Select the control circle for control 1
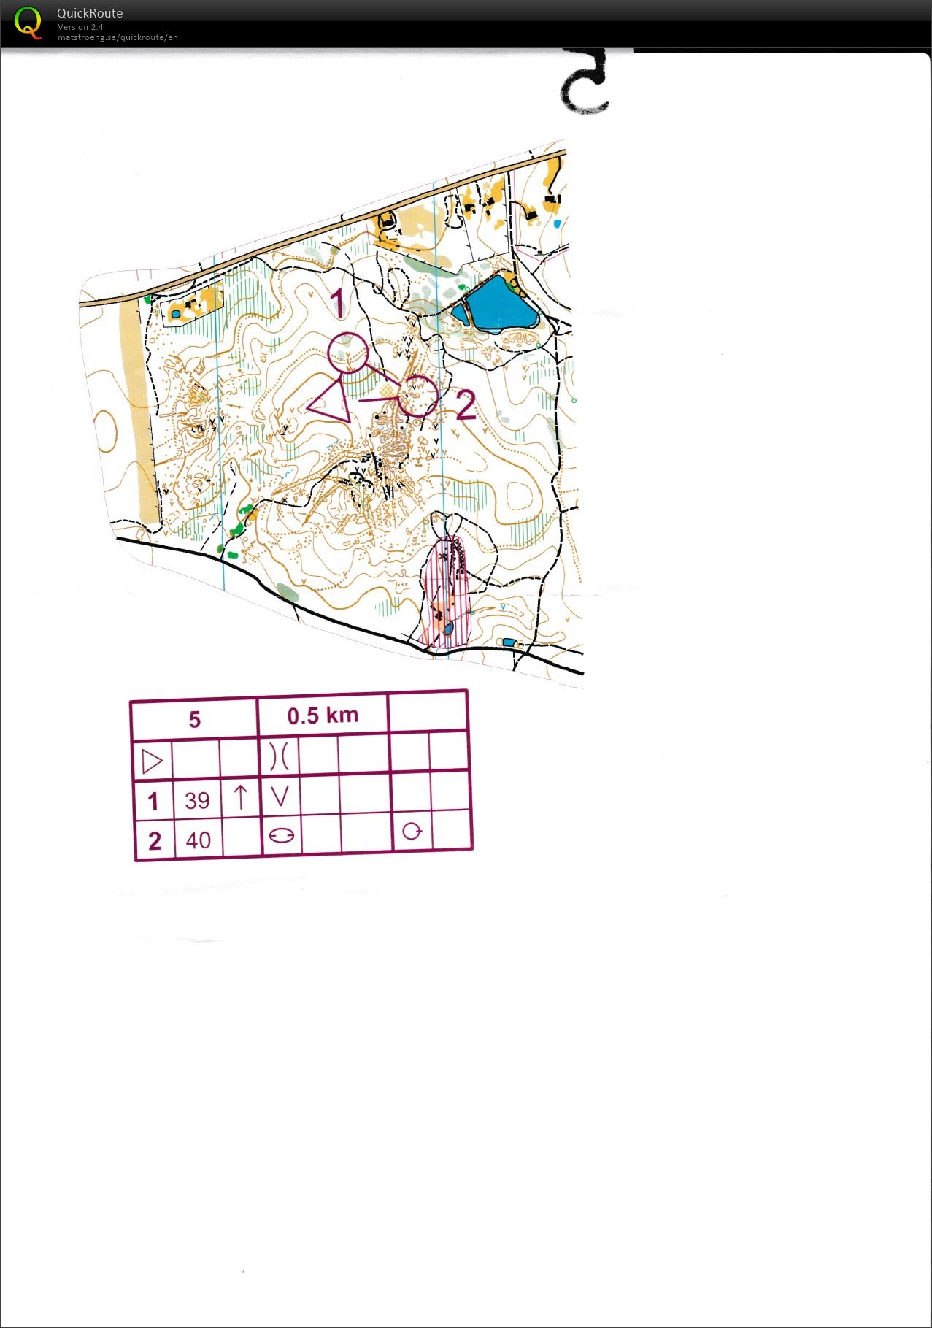pyautogui.click(x=347, y=353)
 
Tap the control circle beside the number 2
pyautogui.click(x=418, y=396)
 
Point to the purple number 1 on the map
pyautogui.click(x=336, y=302)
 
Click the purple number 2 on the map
pyautogui.click(x=466, y=405)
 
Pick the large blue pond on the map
pyautogui.click(x=496, y=304)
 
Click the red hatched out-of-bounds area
pyautogui.click(x=447, y=591)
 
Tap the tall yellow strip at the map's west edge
pyautogui.click(x=136, y=409)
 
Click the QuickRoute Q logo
pyautogui.click(x=28, y=23)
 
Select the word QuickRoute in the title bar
pyautogui.click(x=90, y=13)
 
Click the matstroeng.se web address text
pyautogui.click(x=118, y=37)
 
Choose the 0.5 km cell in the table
pyautogui.click(x=323, y=715)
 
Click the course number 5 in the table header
pyautogui.click(x=194, y=720)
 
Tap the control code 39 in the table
pyautogui.click(x=197, y=801)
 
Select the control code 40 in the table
pyautogui.click(x=198, y=840)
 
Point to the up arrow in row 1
pyautogui.click(x=241, y=797)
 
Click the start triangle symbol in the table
pyautogui.click(x=153, y=761)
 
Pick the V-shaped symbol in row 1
pyautogui.click(x=280, y=797)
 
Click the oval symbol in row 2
pyautogui.click(x=281, y=835)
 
